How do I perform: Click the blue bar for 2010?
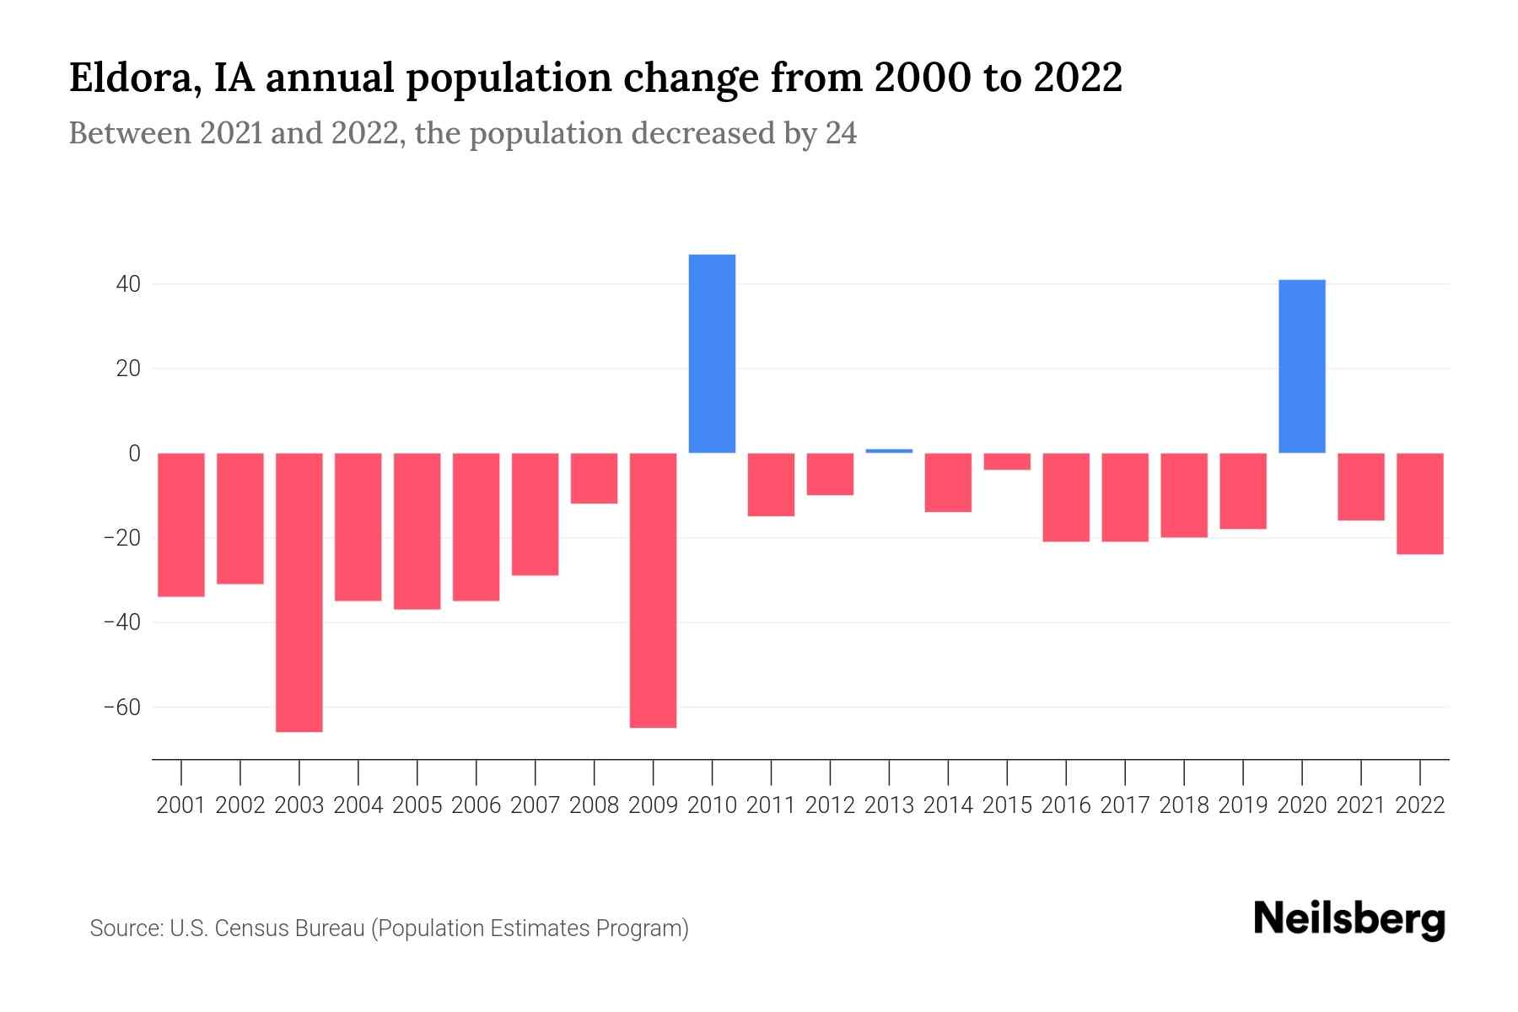pyautogui.click(x=712, y=353)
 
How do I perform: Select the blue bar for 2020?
pyautogui.click(x=1301, y=366)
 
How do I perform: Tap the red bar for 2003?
pyautogui.click(x=299, y=592)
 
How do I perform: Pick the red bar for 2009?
pyautogui.click(x=653, y=590)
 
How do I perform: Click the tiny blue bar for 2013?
pyautogui.click(x=889, y=451)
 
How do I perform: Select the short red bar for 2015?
pyautogui.click(x=1007, y=461)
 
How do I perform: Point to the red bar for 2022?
pyautogui.click(x=1419, y=503)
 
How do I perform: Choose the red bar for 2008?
pyautogui.click(x=594, y=478)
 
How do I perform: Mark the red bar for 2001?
pyautogui.click(x=181, y=525)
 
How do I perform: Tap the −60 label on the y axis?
pyautogui.click(x=122, y=707)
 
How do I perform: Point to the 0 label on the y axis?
pyautogui.click(x=134, y=454)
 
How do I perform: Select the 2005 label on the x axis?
pyautogui.click(x=417, y=805)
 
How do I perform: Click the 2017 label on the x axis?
pyautogui.click(x=1124, y=805)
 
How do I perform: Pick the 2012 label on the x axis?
pyautogui.click(x=830, y=805)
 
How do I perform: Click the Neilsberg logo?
pyautogui.click(x=1349, y=919)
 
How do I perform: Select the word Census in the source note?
pyautogui.click(x=250, y=929)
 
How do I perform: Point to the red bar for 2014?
pyautogui.click(x=948, y=482)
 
